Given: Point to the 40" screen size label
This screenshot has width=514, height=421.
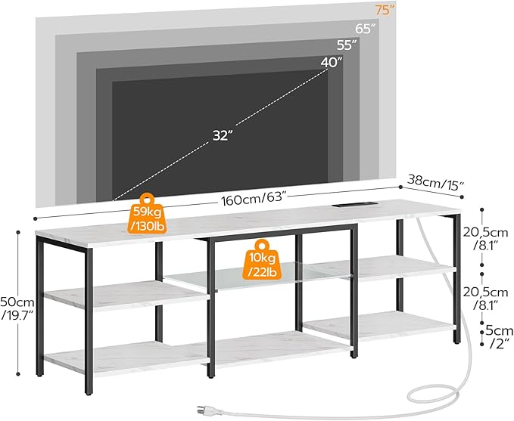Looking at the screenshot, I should pyautogui.click(x=330, y=63).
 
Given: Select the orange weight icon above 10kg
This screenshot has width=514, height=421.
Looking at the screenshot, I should pyautogui.click(x=262, y=247).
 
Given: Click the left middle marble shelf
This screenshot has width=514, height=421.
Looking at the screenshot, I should pyautogui.click(x=121, y=295).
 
